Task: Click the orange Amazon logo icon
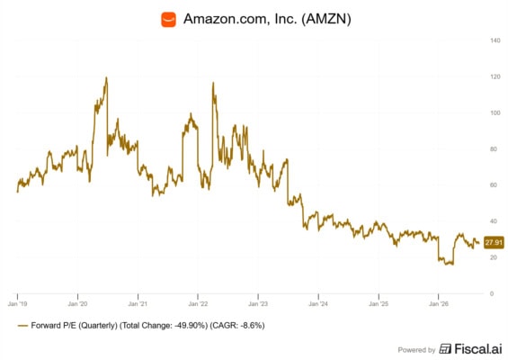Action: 168,19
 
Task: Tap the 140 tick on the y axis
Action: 495,40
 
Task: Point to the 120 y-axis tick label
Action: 495,76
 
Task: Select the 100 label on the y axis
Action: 495,113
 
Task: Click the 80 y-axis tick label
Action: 494,149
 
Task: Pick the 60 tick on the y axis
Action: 494,185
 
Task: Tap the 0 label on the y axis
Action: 492,293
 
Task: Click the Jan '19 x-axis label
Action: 17,304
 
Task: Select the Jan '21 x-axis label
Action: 138,304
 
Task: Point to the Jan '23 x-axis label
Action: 258,304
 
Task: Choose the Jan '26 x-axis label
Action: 439,304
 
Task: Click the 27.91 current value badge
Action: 494,242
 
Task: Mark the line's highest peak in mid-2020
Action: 106,77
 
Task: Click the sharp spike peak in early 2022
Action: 213,83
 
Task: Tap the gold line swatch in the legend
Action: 23,326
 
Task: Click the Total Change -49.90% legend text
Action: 164,325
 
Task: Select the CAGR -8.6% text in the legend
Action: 237,325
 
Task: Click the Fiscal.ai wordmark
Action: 471,349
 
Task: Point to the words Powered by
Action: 416,350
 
